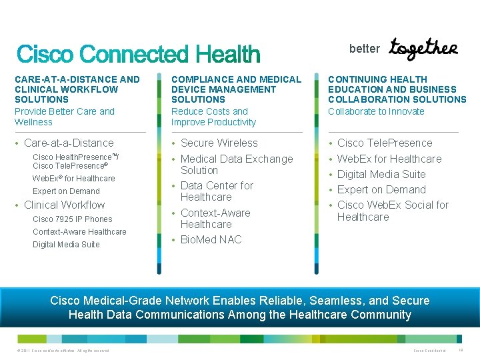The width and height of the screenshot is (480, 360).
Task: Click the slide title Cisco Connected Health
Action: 138,54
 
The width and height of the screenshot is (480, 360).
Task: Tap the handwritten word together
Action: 423,48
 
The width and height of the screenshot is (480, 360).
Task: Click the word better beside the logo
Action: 364,49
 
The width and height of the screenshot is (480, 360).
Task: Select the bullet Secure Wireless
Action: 219,143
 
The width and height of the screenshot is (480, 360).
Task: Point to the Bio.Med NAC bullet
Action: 211,239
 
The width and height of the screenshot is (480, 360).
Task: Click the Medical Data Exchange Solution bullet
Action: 236,164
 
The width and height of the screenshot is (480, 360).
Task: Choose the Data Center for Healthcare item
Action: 217,191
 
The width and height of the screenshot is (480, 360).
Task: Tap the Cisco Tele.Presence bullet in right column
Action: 385,143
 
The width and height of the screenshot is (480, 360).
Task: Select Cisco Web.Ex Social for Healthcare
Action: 393,211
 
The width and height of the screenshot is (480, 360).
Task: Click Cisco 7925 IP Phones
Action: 72,219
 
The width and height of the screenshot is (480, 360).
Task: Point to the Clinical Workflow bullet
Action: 64,205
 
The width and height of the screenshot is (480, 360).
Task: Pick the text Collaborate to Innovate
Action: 376,111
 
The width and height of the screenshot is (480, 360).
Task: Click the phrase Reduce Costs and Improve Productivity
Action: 213,117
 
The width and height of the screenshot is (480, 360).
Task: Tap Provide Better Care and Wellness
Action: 64,117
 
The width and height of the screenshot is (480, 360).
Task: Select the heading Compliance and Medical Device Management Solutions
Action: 236,89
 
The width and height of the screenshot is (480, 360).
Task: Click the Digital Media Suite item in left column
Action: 66,244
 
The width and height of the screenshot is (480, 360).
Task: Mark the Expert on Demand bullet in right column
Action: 381,189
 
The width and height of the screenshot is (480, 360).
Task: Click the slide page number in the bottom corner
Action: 462,350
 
